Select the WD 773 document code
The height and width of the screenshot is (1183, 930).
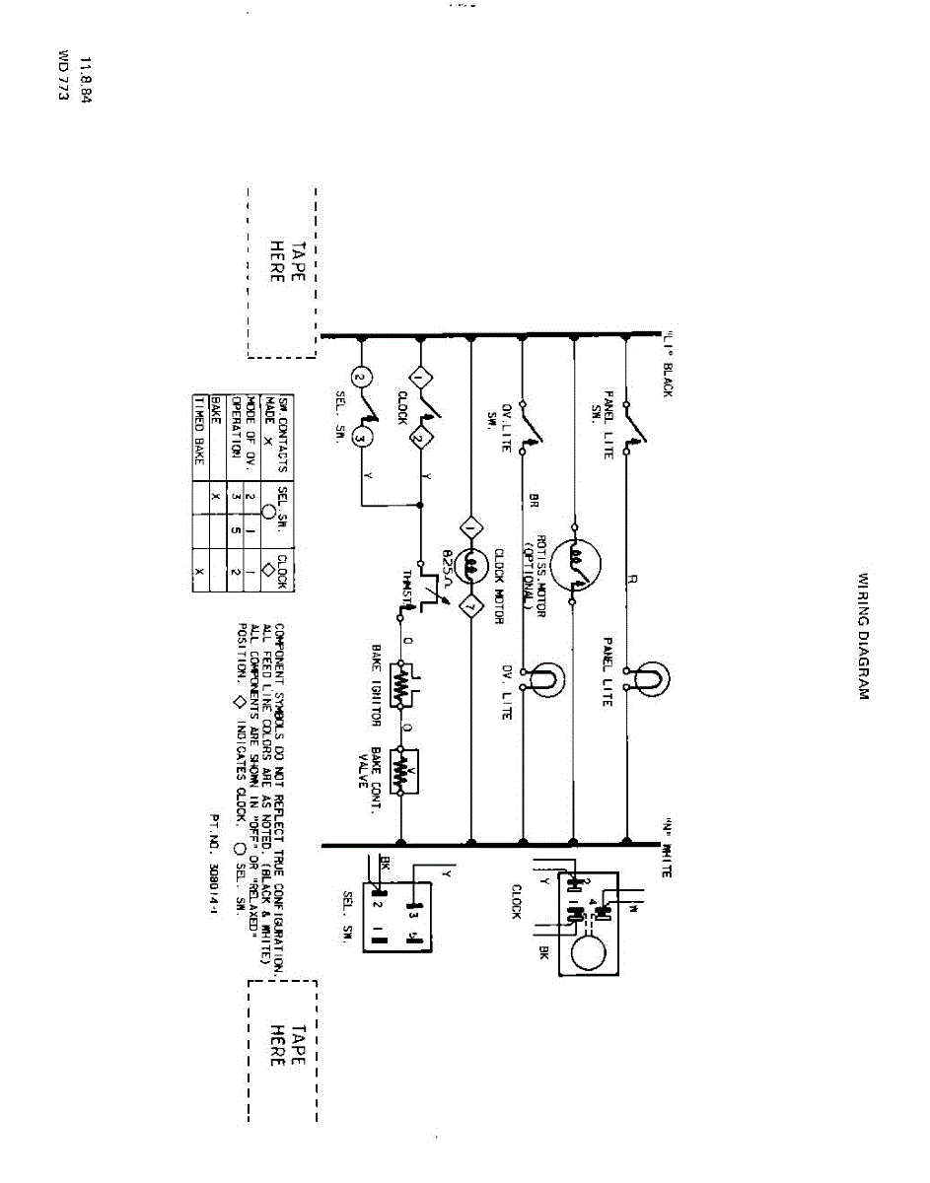click(x=65, y=82)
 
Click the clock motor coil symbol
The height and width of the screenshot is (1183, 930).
click(x=471, y=565)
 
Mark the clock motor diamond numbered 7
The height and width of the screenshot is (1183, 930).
click(x=471, y=603)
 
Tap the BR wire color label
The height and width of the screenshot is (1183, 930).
click(x=533, y=500)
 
